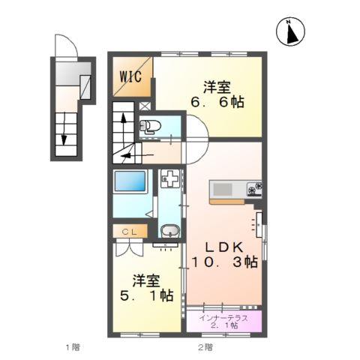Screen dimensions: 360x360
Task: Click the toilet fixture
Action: point(150,125)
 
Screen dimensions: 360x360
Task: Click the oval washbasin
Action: point(169,232)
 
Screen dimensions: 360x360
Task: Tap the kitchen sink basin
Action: point(225,187)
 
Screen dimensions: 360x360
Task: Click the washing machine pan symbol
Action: point(169,180)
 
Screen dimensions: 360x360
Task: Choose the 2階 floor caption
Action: point(204,347)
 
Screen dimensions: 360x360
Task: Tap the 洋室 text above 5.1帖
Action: point(147,280)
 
